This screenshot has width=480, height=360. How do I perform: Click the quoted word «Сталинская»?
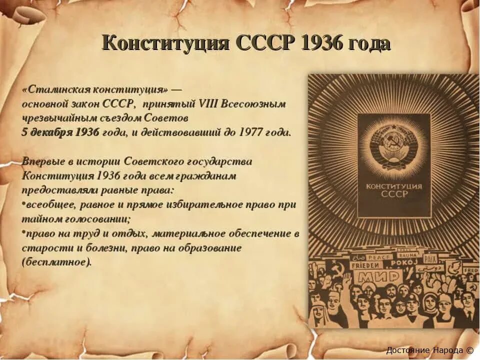[x=59, y=90]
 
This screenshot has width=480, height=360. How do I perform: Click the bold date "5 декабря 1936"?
[x=60, y=132]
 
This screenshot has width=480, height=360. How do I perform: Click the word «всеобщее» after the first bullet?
[x=48, y=204]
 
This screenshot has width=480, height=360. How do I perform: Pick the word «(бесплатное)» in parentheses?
[x=57, y=261]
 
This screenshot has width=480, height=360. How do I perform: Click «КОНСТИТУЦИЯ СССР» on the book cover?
[x=394, y=190]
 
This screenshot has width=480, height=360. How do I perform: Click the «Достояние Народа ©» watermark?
[x=429, y=350]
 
